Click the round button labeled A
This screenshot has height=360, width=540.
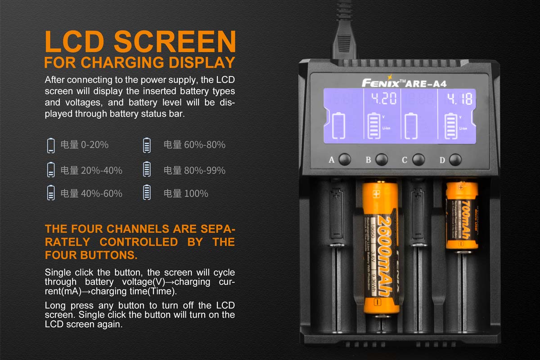tap(345, 159)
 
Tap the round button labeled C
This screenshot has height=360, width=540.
tap(418, 159)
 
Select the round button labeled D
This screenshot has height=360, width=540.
tap(455, 159)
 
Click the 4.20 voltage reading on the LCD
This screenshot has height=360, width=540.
tap(382, 99)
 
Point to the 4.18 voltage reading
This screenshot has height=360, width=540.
tap(456, 99)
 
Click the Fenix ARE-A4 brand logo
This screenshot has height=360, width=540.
tap(404, 82)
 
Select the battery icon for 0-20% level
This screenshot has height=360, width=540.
tap(51, 145)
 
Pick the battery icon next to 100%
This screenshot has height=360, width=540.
tap(147, 193)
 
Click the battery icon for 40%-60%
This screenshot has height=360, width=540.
tap(51, 193)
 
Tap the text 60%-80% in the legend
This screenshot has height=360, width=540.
tap(204, 145)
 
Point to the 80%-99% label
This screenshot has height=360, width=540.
tap(204, 170)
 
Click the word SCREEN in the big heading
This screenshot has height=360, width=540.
tap(175, 42)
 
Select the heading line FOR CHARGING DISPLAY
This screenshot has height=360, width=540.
tap(140, 62)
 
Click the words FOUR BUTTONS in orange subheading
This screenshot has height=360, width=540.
tap(91, 255)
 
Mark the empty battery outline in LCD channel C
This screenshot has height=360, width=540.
tap(411, 126)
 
